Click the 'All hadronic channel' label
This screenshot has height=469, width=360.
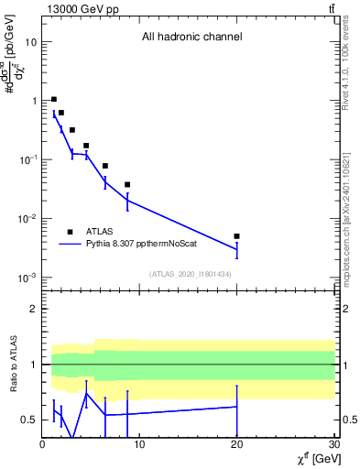(191, 38)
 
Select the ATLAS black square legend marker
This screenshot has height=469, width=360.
(70, 232)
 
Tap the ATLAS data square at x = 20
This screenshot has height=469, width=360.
(236, 236)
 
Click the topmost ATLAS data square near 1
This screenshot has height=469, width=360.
(54, 99)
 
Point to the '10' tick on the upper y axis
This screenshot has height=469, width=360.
(31, 42)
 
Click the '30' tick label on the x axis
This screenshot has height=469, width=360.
(333, 445)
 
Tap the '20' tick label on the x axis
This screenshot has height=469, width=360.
(236, 445)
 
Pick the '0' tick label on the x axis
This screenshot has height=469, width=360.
(42, 445)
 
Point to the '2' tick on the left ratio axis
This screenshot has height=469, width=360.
(34, 309)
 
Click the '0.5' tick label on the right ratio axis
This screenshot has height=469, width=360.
(348, 420)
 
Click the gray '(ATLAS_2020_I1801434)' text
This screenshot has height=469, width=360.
(190, 274)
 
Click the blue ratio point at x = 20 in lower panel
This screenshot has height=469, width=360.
(236, 406)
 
